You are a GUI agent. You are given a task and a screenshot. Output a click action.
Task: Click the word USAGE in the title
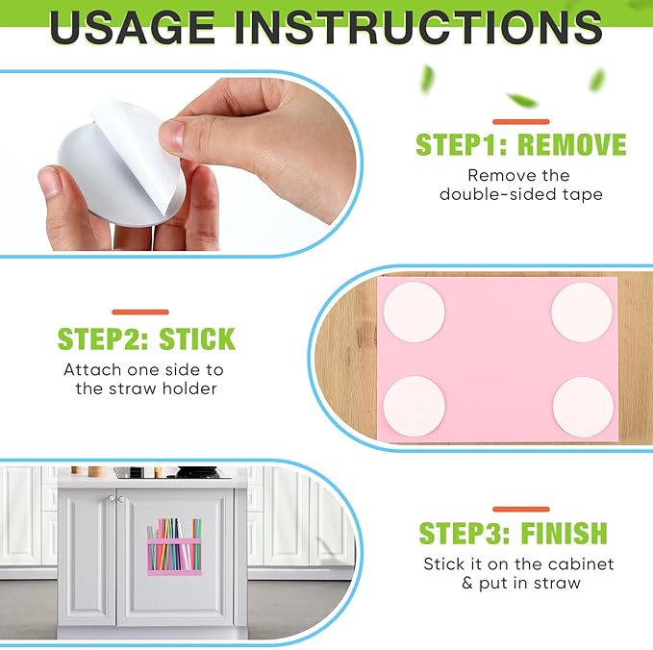pos(133,27)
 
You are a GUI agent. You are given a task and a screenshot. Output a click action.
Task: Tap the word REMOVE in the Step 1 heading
pos(572,144)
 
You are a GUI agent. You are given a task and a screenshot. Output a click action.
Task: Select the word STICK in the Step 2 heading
pos(197,339)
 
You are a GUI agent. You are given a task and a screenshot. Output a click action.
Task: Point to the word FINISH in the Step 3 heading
pos(565,533)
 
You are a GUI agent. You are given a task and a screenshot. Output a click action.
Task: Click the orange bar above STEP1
pos(521,121)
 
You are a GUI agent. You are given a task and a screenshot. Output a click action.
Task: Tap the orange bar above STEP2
pos(140,312)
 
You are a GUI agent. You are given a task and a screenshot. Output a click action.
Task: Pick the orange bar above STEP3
pos(521,510)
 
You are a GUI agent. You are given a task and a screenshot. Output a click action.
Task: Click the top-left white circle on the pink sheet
pos(414,312)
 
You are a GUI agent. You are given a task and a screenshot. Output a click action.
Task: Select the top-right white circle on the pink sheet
pos(582,312)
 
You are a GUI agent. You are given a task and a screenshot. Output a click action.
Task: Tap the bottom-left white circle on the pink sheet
pos(414,407)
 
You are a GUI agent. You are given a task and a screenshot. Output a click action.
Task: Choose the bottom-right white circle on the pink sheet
pos(583,408)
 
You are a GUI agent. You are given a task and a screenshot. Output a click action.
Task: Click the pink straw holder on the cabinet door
pos(174,557)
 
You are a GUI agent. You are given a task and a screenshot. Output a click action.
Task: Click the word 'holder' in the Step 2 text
pos(189,388)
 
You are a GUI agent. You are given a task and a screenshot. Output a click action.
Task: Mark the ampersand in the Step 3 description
pos(467,584)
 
